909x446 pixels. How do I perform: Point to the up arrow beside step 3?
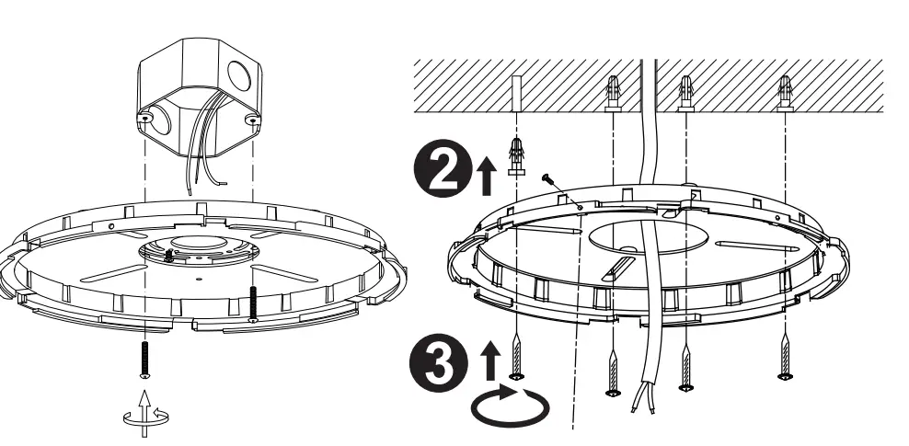[489, 355]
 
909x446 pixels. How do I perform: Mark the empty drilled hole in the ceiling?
[518, 90]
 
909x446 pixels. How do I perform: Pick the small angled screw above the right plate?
[549, 183]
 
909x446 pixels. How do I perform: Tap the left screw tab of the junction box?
[144, 119]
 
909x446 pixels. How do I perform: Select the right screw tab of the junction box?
[251, 120]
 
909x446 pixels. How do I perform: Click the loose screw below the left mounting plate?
[144, 358]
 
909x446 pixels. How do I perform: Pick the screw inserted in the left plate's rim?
[252, 303]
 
